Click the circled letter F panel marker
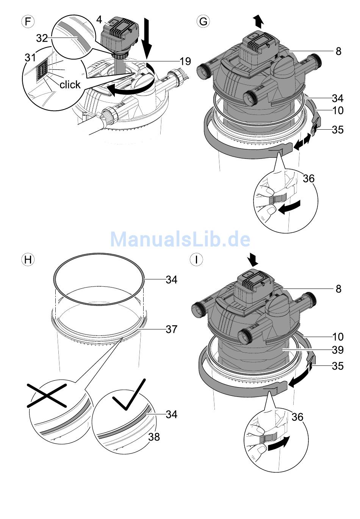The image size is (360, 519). tap(28, 22)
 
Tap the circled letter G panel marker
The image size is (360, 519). tap(203, 22)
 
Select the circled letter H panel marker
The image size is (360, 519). tap(28, 260)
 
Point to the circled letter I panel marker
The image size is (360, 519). tap(196, 260)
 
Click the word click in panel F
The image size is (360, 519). tap(70, 85)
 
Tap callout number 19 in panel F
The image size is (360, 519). tap(185, 61)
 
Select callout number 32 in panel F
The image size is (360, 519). tap(42, 38)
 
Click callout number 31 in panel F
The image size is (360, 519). tap(30, 58)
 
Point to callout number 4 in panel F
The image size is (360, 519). tap(99, 19)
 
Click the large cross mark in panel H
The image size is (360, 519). tap(47, 395)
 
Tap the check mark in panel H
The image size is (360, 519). tap(128, 394)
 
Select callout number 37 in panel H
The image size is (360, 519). tap(171, 329)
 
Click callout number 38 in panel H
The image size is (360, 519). tap(154, 437)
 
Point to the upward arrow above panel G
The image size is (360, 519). tap(259, 21)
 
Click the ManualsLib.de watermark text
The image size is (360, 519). tap(180, 239)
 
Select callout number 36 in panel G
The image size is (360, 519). tap(309, 178)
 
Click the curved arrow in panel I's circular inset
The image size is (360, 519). tap(279, 444)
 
